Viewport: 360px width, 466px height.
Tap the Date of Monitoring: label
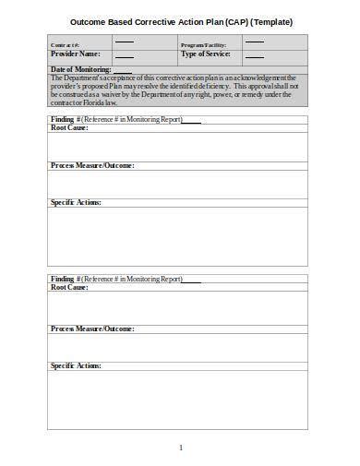click(x=81, y=70)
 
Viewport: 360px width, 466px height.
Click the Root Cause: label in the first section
click(x=69, y=129)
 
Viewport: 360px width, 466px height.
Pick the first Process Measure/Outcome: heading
click(x=92, y=165)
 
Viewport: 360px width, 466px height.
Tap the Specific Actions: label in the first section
click(x=76, y=202)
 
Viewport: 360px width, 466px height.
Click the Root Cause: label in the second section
click(x=69, y=288)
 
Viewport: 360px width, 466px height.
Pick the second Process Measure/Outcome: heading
click(x=92, y=329)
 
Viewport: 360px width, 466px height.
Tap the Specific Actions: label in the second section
click(x=76, y=365)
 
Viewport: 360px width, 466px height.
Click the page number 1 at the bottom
click(x=181, y=448)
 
